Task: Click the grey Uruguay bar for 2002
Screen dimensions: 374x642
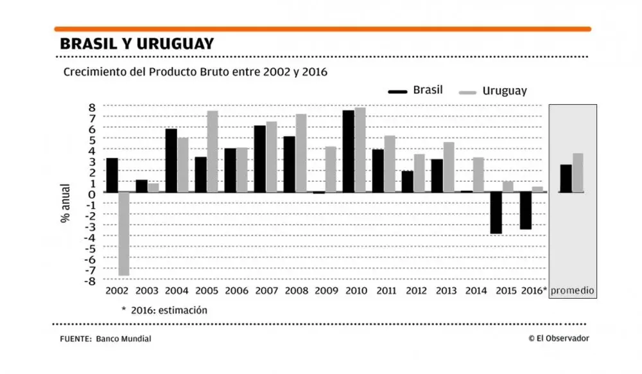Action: point(124,234)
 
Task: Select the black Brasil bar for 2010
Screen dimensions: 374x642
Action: point(348,152)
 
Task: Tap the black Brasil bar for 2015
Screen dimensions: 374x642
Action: point(496,213)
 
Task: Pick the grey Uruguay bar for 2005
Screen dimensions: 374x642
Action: point(213,152)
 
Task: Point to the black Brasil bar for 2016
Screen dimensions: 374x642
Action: point(525,211)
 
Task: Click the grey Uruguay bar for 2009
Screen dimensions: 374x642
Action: point(331,170)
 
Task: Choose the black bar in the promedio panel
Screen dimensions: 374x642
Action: point(566,179)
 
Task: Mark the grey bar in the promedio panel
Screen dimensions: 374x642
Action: point(578,173)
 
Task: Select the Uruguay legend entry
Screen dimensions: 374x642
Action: point(493,91)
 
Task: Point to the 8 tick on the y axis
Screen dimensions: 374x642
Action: point(92,107)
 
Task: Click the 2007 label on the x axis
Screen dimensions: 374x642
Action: point(266,291)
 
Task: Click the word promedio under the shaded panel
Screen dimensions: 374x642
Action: point(573,291)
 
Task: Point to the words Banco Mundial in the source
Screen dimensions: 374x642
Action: point(124,339)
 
